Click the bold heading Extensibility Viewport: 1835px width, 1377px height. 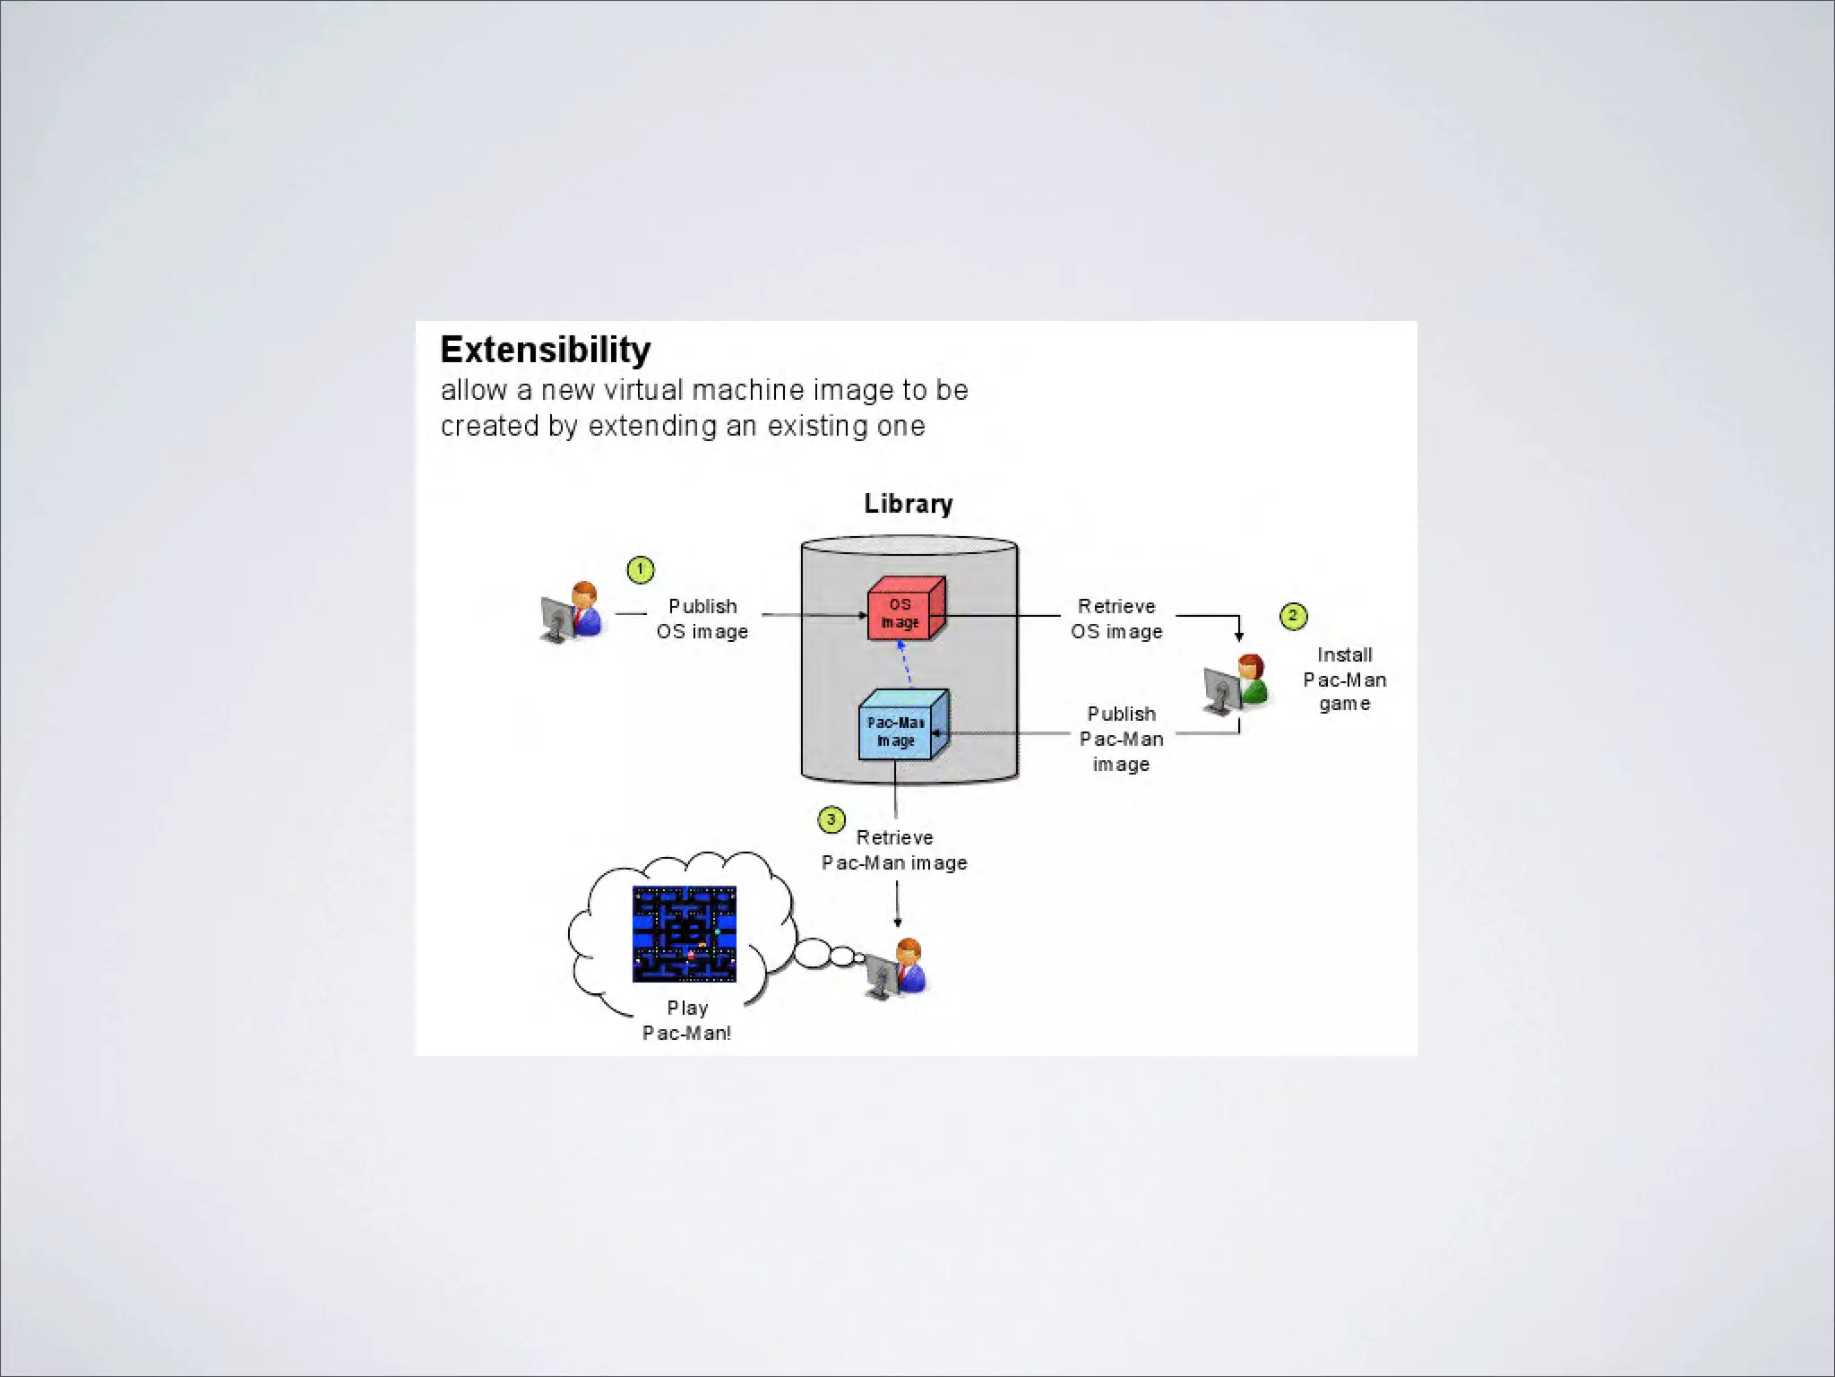(545, 351)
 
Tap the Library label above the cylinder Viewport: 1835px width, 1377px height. (908, 504)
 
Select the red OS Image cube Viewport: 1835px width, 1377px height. (904, 610)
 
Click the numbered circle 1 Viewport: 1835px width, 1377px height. (641, 569)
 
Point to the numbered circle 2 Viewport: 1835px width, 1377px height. (1293, 616)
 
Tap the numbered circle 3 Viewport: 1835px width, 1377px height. (831, 819)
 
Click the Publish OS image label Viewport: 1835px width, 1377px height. (702, 619)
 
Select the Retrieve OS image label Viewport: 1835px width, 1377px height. (1116, 619)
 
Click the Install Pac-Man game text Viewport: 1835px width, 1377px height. (1344, 680)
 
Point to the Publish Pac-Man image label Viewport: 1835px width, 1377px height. (1121, 739)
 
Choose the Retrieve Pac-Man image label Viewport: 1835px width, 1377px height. (894, 850)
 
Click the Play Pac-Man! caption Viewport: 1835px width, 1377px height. (687, 1020)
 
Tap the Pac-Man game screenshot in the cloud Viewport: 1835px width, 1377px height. (685, 934)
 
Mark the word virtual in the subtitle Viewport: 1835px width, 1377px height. (644, 391)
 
